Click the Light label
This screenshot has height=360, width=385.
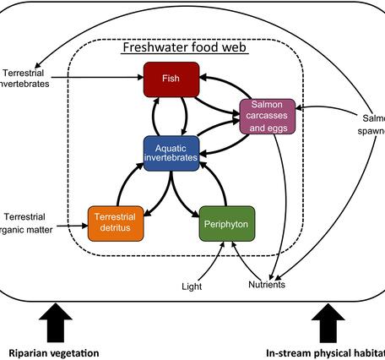192,286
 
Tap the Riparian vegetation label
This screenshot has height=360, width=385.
54,352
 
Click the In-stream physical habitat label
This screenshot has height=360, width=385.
325,352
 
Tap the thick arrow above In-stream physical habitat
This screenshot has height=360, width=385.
327,321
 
